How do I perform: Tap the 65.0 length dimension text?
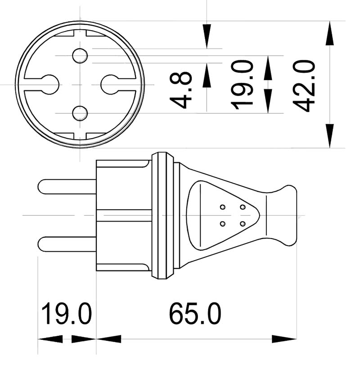point(195,314)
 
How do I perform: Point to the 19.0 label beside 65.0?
point(67,314)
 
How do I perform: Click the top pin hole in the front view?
point(80,55)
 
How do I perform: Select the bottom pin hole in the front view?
point(80,113)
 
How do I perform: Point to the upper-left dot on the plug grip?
point(222,207)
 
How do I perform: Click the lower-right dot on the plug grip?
point(243,224)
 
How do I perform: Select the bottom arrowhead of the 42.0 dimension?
point(330,135)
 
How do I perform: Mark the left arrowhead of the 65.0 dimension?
point(108,338)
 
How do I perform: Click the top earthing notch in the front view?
point(80,33)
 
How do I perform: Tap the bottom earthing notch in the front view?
point(80,135)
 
